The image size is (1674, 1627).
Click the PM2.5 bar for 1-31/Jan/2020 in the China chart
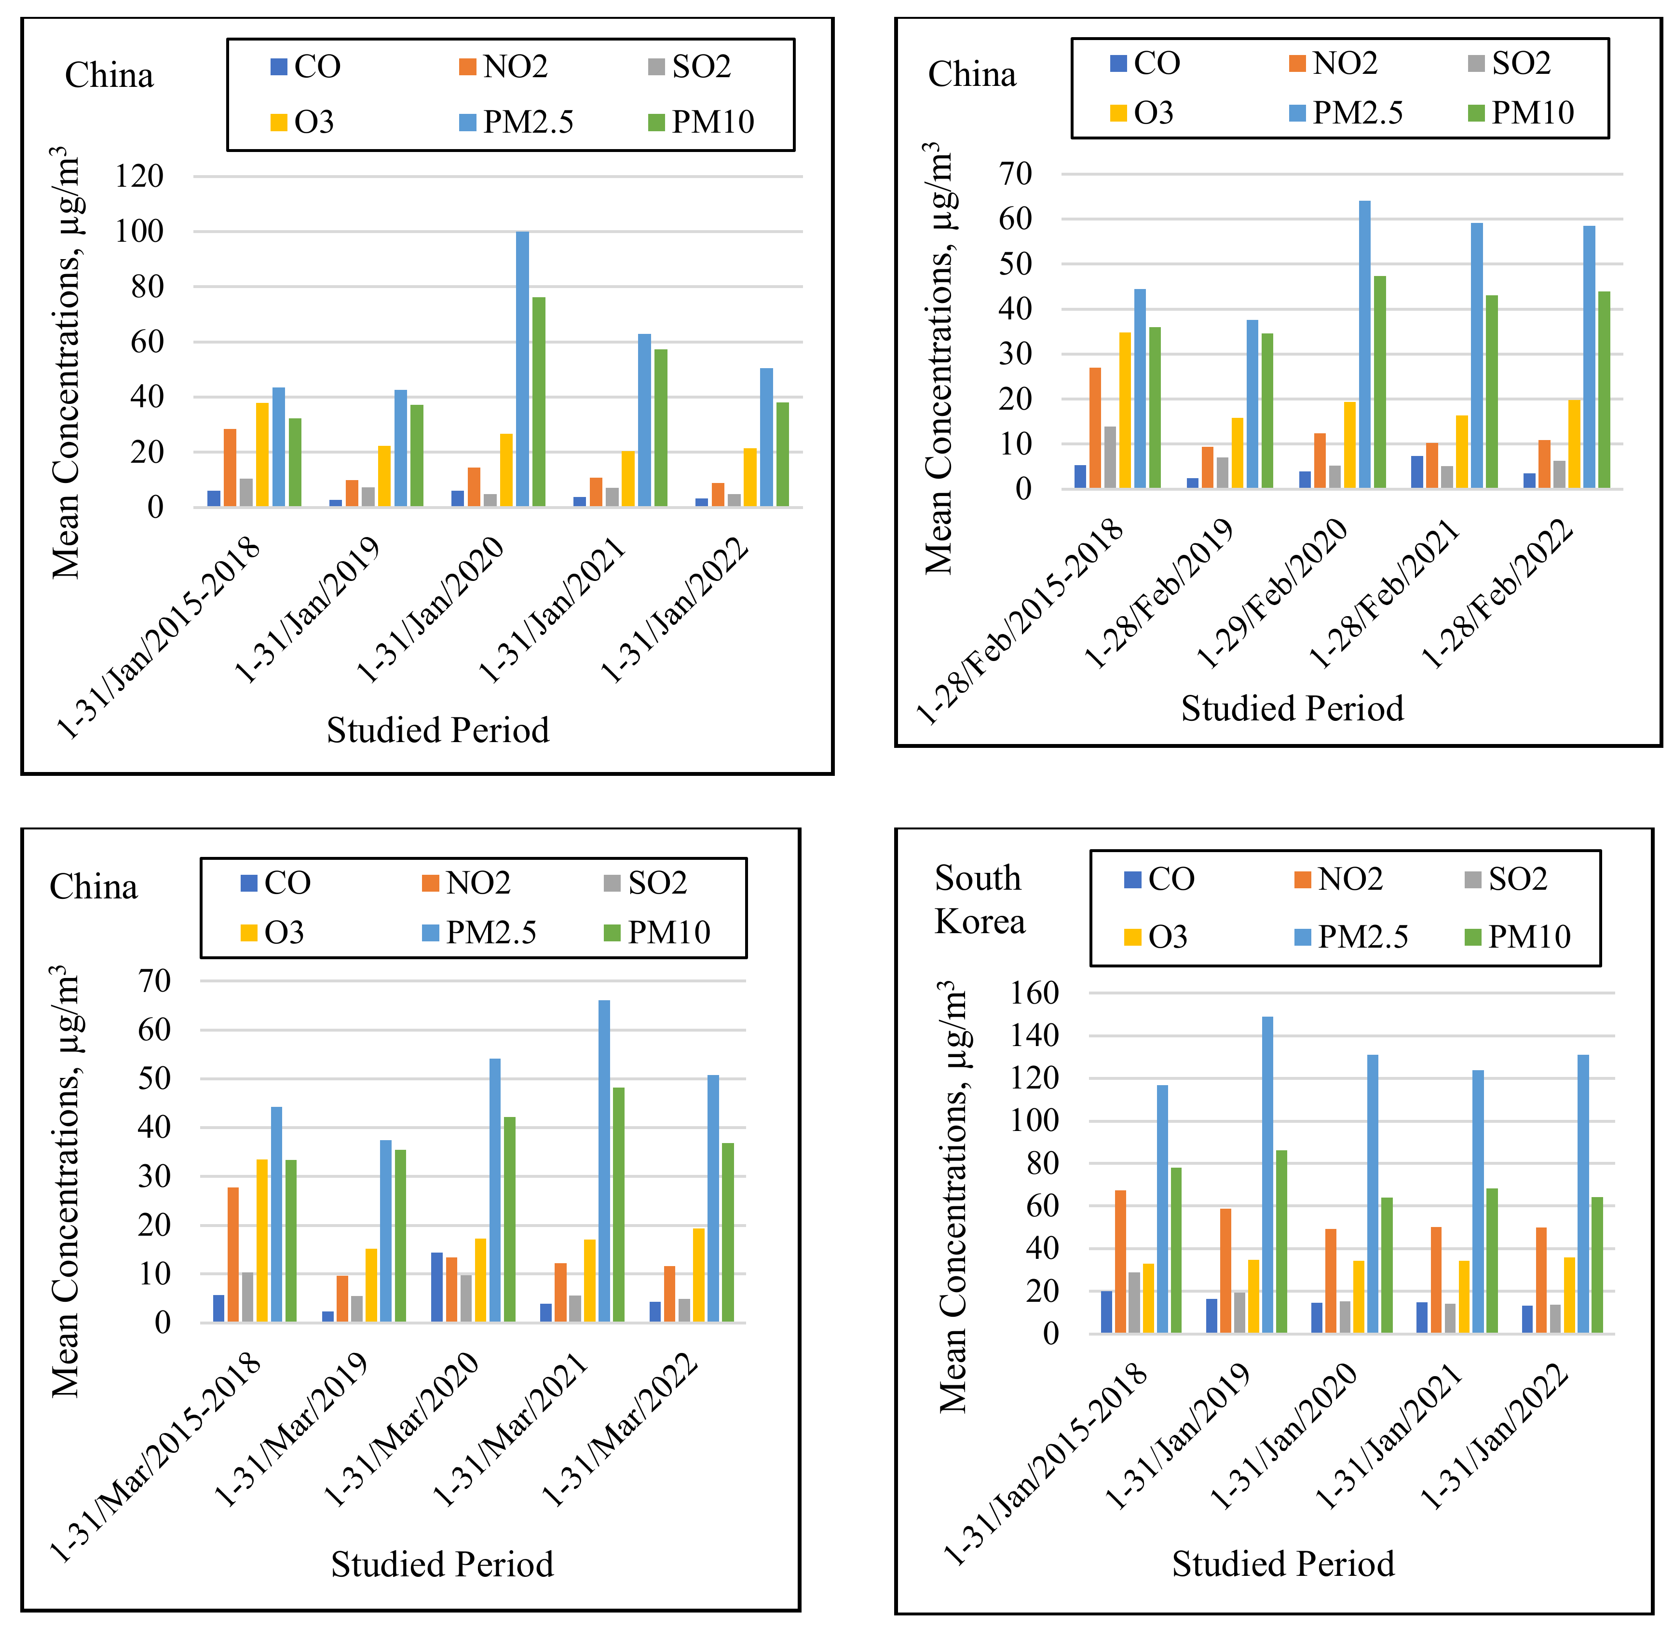pyautogui.click(x=522, y=369)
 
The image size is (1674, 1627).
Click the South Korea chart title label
pyautogui.click(x=980, y=900)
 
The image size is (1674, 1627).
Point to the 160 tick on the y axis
pyautogui.click(x=1034, y=993)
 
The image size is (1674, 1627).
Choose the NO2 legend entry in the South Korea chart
pyautogui.click(x=1339, y=879)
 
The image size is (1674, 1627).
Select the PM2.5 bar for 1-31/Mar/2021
pyautogui.click(x=604, y=1161)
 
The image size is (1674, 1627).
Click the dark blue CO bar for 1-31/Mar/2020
pyautogui.click(x=436, y=1287)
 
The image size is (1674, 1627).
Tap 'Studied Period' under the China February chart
pyautogui.click(x=1292, y=708)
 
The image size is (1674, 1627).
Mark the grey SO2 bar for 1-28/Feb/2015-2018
pyautogui.click(x=1109, y=457)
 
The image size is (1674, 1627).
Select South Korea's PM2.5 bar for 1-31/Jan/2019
pyautogui.click(x=1266, y=1174)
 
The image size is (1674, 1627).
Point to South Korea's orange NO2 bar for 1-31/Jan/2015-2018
pyautogui.click(x=1120, y=1261)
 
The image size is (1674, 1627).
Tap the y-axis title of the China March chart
pyautogui.click(x=66, y=1182)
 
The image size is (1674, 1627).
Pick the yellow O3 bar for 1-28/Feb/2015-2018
pyautogui.click(x=1125, y=410)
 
